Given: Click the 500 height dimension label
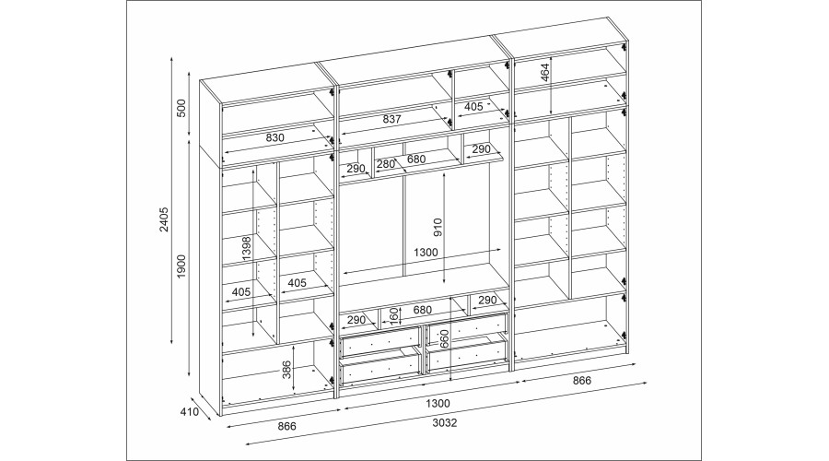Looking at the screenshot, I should tap(181, 107).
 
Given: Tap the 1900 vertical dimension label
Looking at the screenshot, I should tap(181, 266).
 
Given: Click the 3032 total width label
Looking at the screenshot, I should tap(445, 423).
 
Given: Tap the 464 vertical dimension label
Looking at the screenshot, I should tap(545, 72).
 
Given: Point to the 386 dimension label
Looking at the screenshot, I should tap(286, 370).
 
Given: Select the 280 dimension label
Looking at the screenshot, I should tap(385, 164).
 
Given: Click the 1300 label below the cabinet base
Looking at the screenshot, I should tap(438, 404).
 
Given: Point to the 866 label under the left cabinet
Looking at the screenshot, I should tap(287, 426).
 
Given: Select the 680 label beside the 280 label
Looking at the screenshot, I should tap(417, 160).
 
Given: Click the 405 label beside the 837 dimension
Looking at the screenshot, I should tap(473, 107).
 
